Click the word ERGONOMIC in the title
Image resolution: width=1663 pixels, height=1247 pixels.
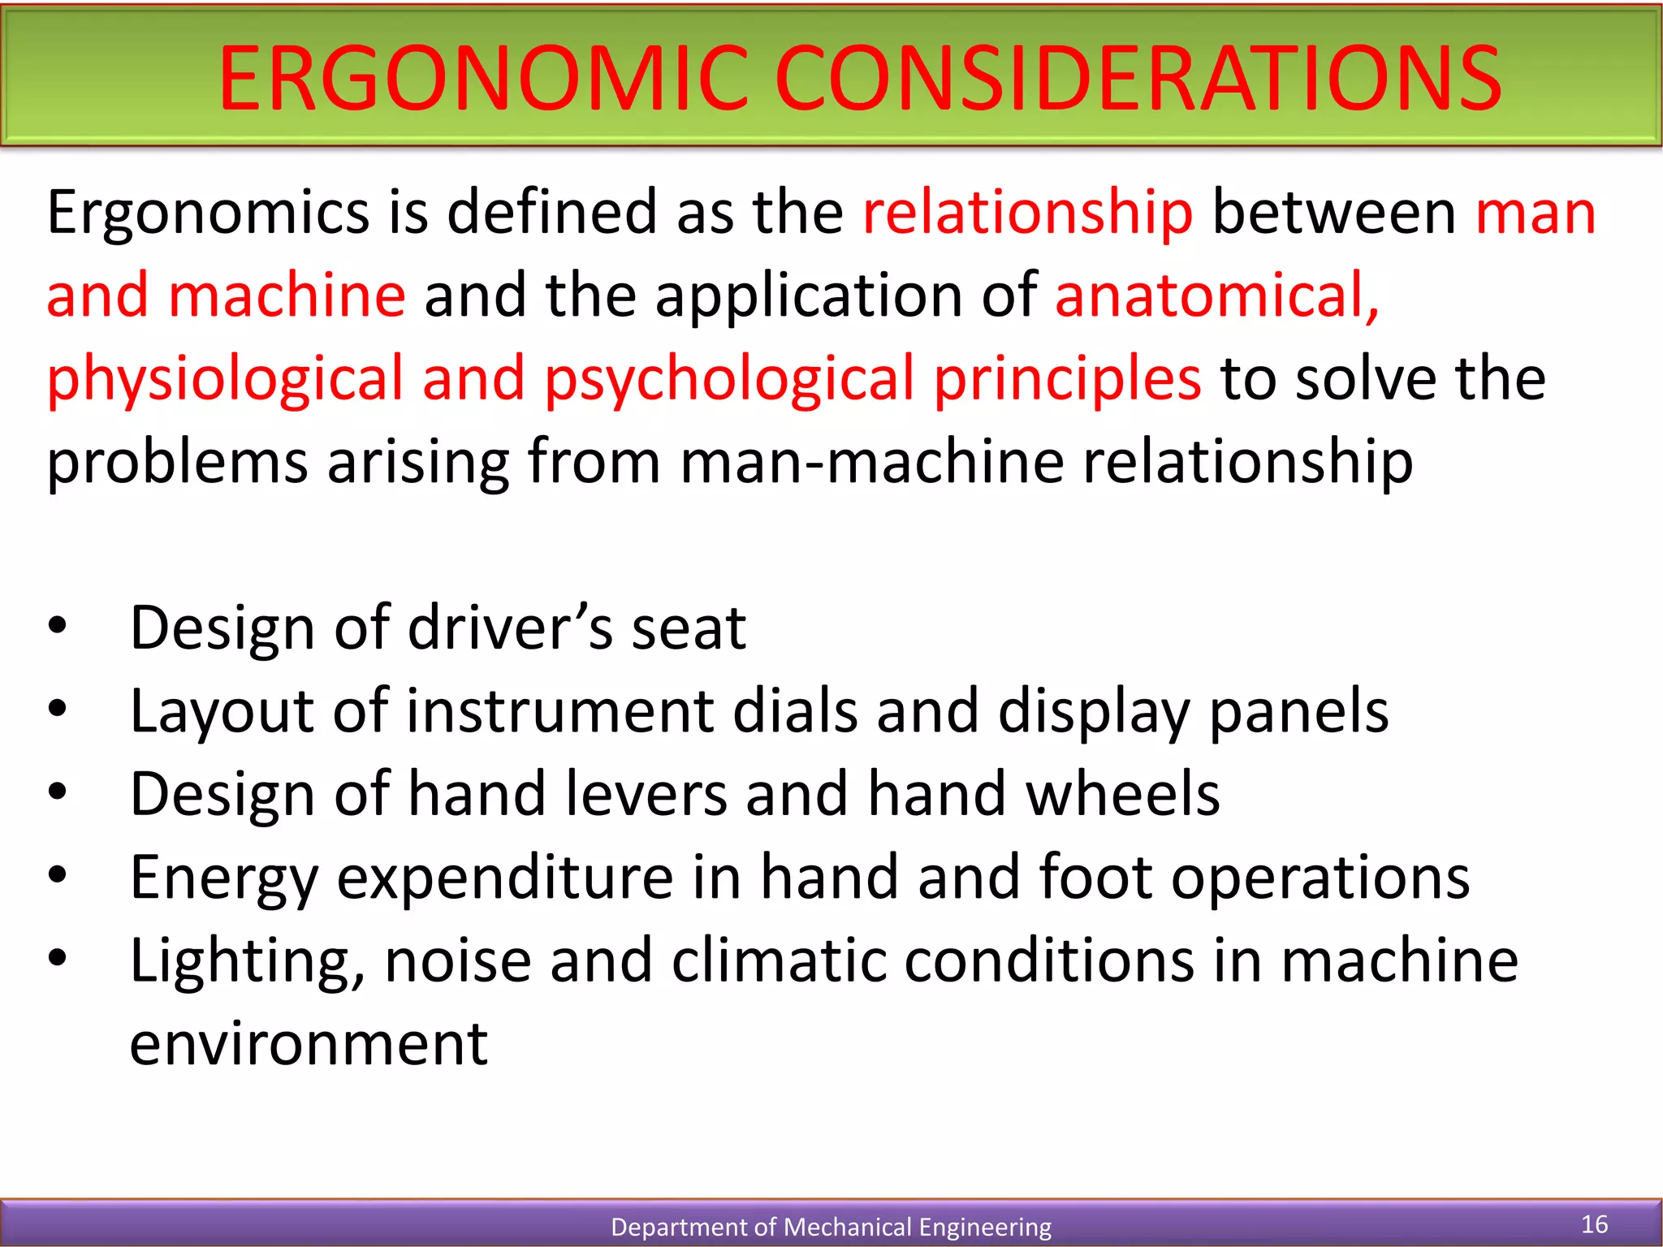click(x=482, y=79)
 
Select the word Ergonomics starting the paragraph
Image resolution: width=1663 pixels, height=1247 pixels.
click(x=208, y=213)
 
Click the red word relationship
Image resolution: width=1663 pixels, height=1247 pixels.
click(x=1027, y=213)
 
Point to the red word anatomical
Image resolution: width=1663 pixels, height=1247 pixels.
click(x=1216, y=295)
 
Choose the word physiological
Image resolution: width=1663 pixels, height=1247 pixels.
click(x=225, y=379)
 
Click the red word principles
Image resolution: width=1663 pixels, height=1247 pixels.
click(x=1067, y=379)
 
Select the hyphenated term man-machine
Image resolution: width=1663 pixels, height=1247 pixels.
click(x=872, y=462)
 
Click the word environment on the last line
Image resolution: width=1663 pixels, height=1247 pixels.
click(x=309, y=1044)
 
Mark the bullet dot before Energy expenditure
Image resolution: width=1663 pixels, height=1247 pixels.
click(x=58, y=875)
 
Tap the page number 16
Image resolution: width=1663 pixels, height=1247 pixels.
click(x=1595, y=1224)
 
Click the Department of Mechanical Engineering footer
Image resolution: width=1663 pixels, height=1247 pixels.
click(x=831, y=1227)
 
